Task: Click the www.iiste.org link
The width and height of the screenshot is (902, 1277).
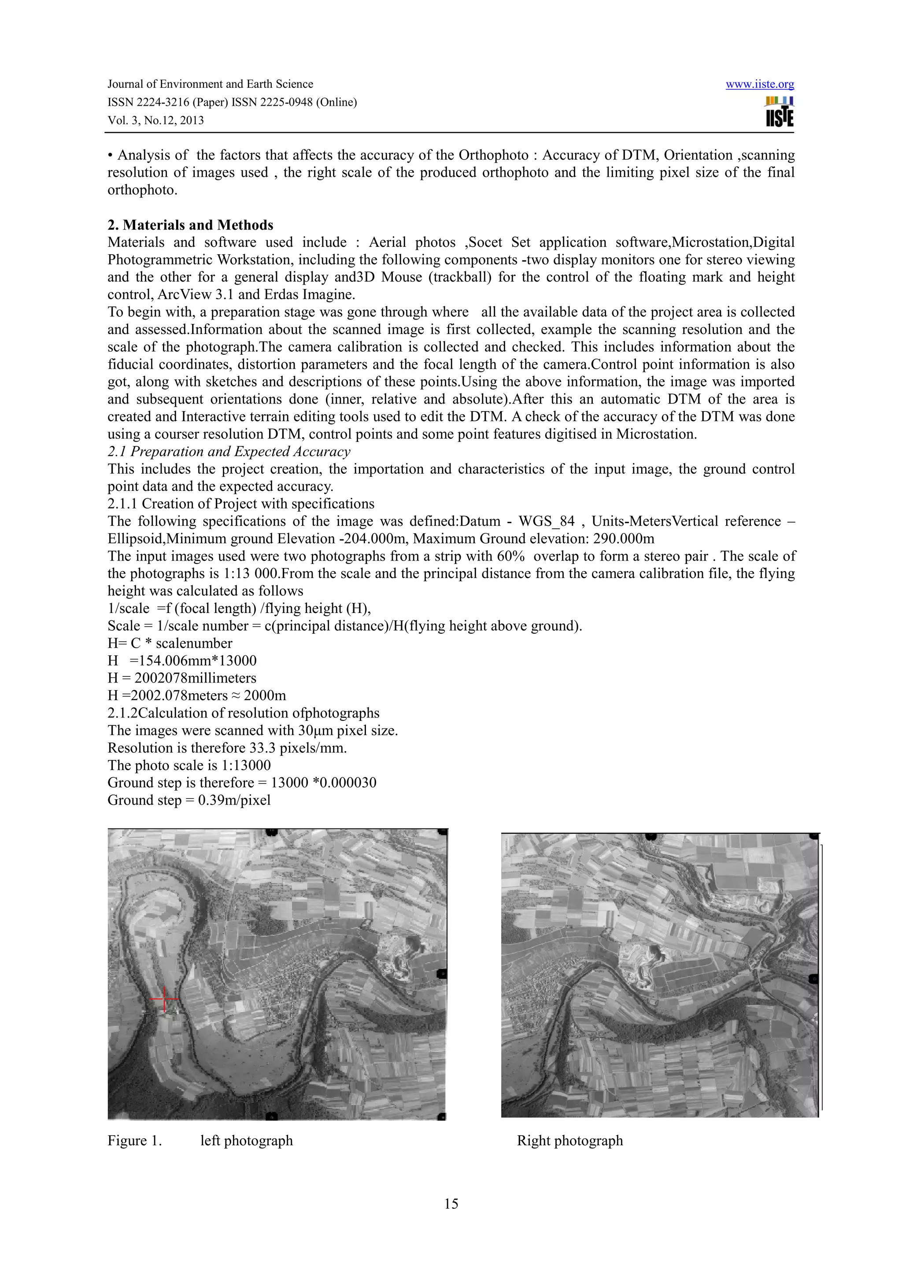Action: click(759, 85)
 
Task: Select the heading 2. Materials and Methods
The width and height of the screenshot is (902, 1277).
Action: click(190, 225)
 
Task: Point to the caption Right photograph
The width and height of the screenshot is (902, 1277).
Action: click(569, 1140)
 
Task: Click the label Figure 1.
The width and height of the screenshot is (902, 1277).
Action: click(134, 1141)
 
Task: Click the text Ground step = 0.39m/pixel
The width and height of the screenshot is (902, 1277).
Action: click(189, 800)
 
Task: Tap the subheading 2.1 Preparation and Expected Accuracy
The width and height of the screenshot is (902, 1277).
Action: click(229, 452)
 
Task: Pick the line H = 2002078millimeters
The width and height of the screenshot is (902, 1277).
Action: click(182, 678)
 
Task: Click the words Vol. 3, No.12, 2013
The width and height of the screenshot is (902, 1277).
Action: click(155, 120)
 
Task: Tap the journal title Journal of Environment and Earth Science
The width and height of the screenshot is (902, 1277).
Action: click(210, 84)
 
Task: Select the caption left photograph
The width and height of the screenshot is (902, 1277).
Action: click(246, 1141)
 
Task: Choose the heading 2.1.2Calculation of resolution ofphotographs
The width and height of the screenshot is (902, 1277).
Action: click(244, 713)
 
